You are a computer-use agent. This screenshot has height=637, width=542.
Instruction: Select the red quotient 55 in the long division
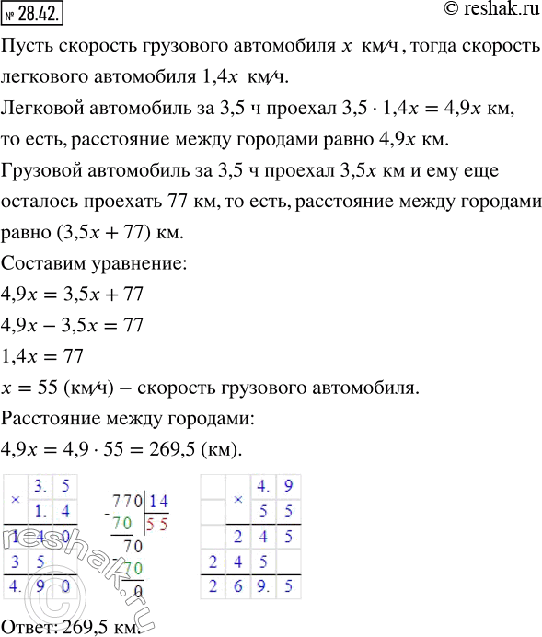[158, 522]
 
